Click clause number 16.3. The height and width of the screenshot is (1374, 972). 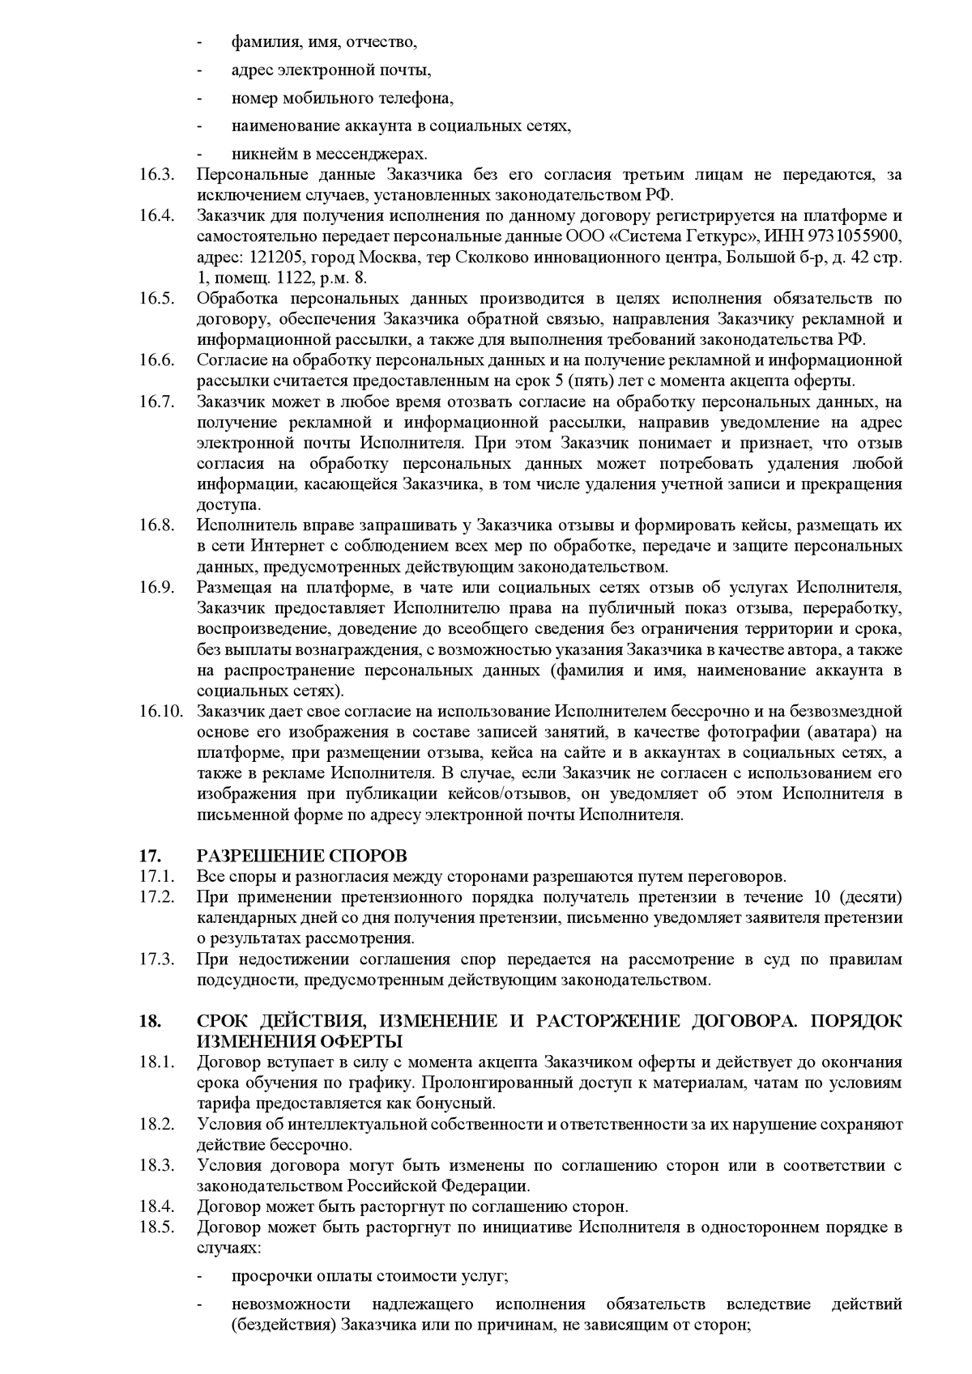[156, 175]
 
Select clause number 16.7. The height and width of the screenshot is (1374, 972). [156, 402]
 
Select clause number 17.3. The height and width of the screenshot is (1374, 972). [156, 959]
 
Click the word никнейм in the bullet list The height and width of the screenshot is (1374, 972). [258, 154]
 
